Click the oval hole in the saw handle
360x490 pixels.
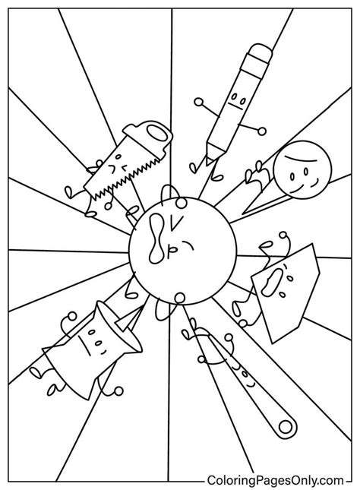pyautogui.click(x=158, y=134)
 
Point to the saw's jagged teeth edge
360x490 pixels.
pyautogui.click(x=125, y=180)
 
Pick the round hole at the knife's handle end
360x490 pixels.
pyautogui.click(x=286, y=426)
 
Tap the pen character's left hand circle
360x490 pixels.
pyautogui.click(x=197, y=102)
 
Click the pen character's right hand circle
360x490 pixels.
pyautogui.click(x=262, y=131)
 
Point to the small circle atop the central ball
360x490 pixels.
pyautogui.click(x=181, y=204)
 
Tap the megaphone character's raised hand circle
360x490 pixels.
pyautogui.click(x=72, y=316)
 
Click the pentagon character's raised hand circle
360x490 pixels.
pyautogui.click(x=283, y=235)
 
